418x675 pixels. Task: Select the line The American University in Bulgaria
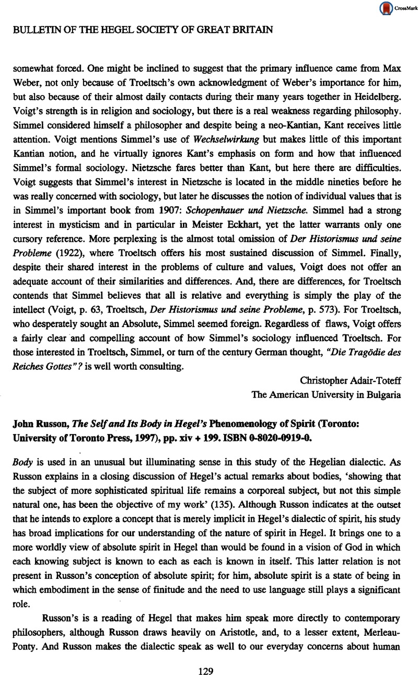click(327, 395)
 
